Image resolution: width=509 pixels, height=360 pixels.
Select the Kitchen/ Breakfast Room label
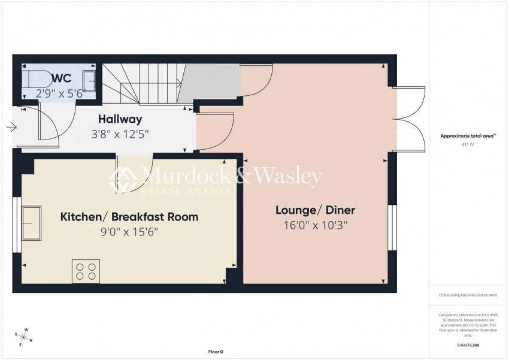[129, 216]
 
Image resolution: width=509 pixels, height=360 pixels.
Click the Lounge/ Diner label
[315, 210]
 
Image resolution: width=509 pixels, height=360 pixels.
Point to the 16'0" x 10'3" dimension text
[315, 225]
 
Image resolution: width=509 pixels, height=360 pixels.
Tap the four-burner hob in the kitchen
[86, 271]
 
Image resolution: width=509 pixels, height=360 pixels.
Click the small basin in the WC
[89, 78]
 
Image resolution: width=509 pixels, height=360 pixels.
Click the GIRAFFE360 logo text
[467, 345]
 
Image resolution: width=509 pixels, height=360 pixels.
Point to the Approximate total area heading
[467, 136]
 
